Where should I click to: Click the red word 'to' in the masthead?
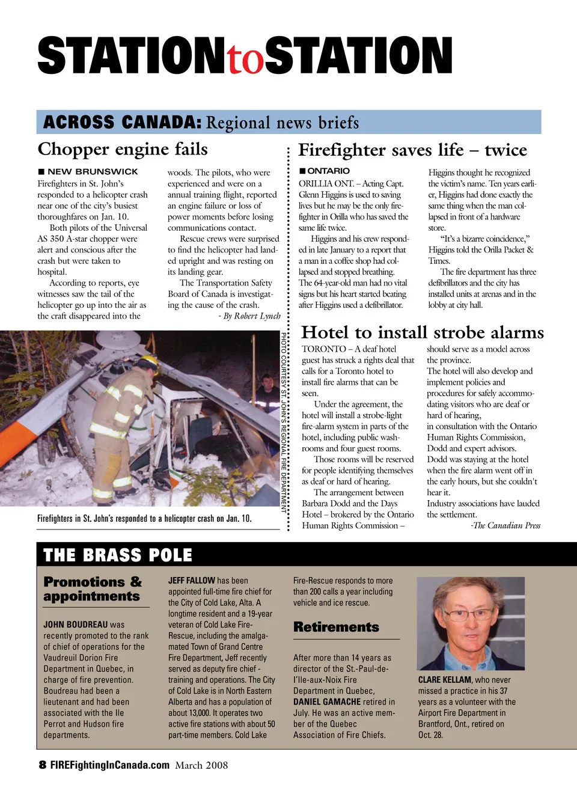245,59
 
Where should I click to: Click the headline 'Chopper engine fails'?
123,149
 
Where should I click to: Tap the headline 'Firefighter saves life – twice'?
412,150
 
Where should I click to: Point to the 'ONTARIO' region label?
328,171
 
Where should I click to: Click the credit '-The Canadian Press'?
505,526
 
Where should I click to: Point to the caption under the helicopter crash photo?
144,518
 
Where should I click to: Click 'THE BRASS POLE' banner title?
118,555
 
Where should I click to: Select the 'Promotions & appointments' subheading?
93,589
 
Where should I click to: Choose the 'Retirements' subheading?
336,627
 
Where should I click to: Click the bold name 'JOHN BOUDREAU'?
76,625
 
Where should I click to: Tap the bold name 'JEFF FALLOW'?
192,581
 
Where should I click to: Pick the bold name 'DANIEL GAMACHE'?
328,701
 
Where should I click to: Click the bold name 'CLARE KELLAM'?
445,680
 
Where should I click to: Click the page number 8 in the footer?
42,765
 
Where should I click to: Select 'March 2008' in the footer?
201,765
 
